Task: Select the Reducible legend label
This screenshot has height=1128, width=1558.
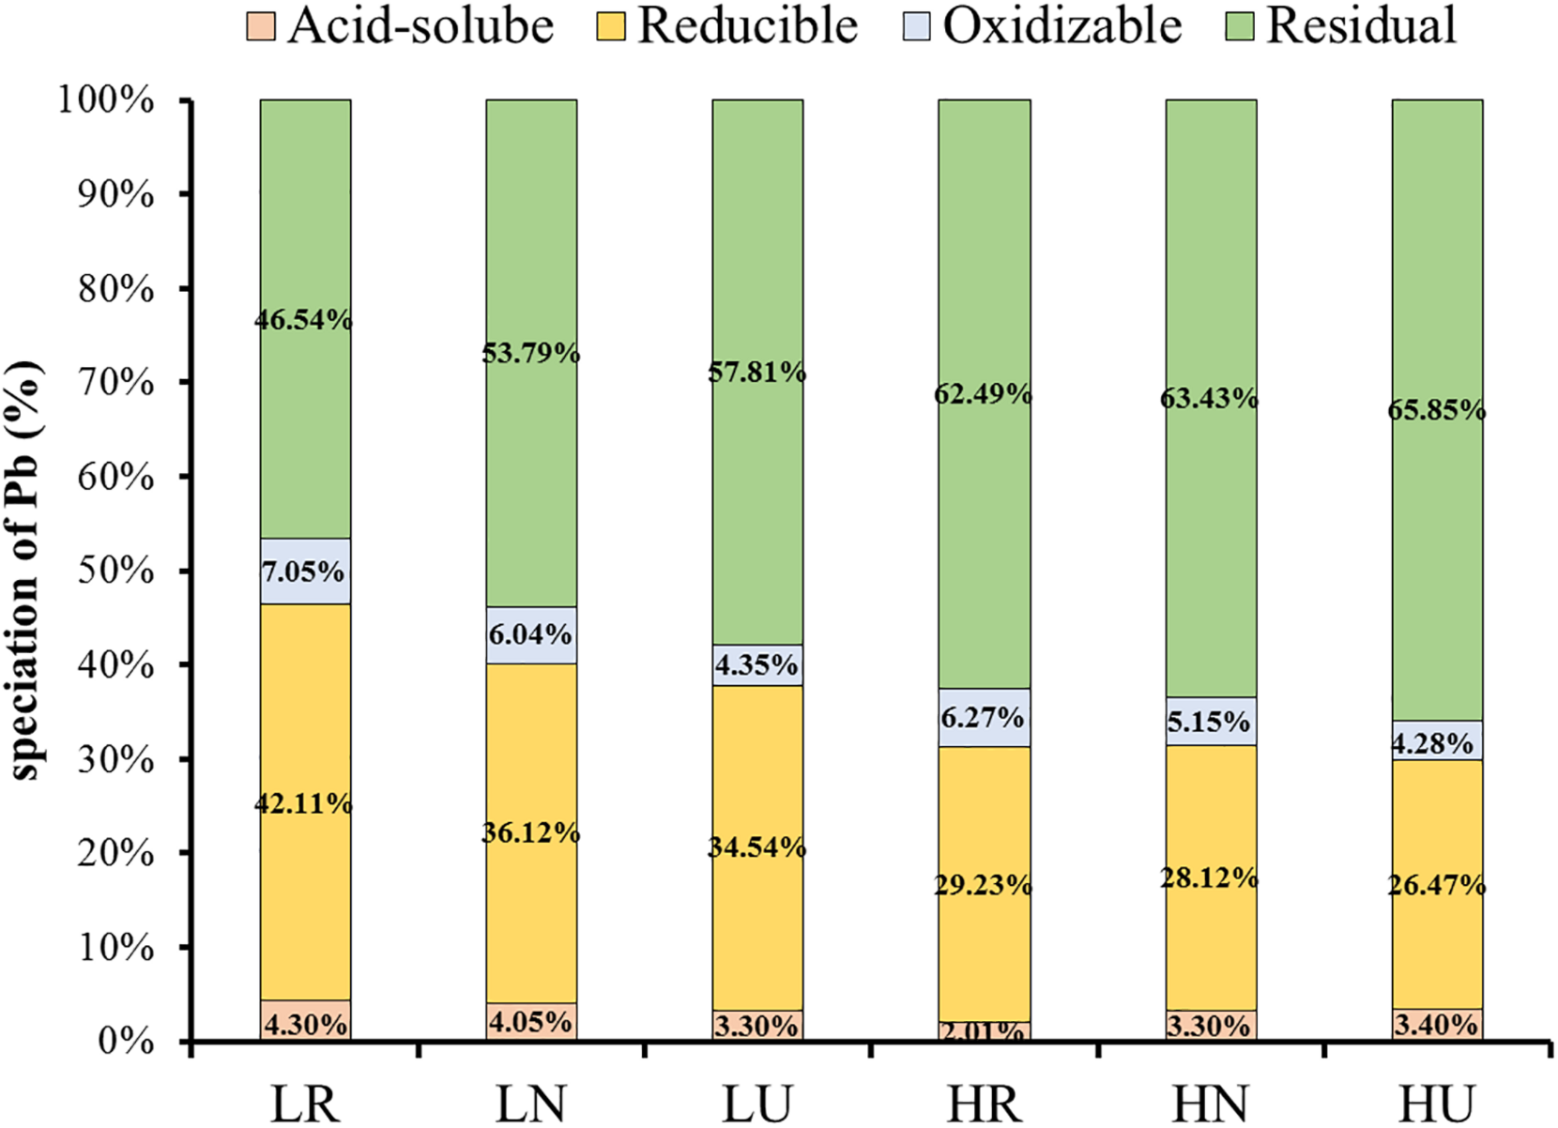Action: click(x=747, y=26)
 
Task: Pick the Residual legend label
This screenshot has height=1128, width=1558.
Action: click(x=1361, y=26)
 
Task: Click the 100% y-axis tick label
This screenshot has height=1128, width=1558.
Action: click(x=107, y=101)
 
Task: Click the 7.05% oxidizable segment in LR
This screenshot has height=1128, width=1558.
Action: click(x=305, y=571)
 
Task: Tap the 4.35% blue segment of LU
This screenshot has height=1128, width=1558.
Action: click(x=757, y=665)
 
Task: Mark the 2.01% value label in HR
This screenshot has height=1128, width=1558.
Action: click(x=983, y=1032)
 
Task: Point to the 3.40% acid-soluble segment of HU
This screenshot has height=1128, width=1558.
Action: click(x=1437, y=1025)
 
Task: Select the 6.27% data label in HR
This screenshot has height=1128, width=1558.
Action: click(x=983, y=718)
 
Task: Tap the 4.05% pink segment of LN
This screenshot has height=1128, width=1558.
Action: click(x=531, y=1021)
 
